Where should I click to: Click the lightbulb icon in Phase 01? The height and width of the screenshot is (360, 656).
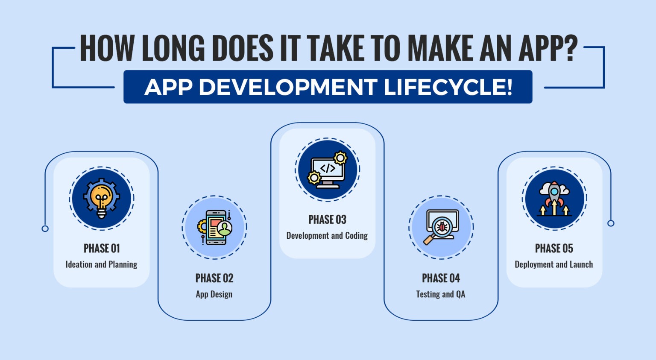pos(101,199)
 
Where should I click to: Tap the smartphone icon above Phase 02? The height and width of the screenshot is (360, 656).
pos(214,228)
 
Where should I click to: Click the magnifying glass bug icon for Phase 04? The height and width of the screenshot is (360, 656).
pos(441,228)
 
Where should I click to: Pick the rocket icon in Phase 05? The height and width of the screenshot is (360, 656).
pos(554,199)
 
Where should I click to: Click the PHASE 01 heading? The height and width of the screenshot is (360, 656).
pos(102,249)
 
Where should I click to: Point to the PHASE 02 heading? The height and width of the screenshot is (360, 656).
pos(214,278)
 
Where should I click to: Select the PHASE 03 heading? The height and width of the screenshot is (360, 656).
pos(327,220)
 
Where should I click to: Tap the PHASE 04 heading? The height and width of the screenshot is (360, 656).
pos(441,278)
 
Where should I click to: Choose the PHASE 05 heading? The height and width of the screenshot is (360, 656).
pos(554,249)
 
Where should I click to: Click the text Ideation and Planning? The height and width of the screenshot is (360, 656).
pos(101,265)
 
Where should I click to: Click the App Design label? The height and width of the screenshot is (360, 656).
pos(214,294)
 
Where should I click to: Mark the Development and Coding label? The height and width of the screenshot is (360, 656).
pos(327,236)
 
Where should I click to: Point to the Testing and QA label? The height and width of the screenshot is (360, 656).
pos(441,294)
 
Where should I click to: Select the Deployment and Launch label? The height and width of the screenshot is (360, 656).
pos(554,265)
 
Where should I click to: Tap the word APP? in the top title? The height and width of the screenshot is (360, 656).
pos(548,47)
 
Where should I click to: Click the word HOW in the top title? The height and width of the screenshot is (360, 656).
pos(107,47)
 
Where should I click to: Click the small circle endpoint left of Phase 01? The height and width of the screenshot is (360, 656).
pos(45,228)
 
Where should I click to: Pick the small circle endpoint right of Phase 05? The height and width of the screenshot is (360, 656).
pos(611,223)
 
